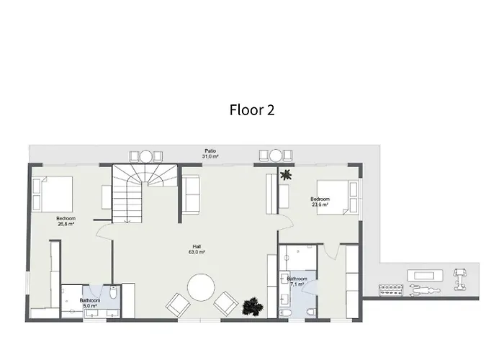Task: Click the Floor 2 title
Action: (x=252, y=110)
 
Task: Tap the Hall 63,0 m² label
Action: (x=197, y=249)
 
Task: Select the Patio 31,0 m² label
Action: (x=210, y=153)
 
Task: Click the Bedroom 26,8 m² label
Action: (x=66, y=221)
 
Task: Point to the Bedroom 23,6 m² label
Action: (x=320, y=202)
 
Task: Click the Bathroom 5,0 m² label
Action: (x=90, y=303)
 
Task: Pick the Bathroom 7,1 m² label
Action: (x=297, y=282)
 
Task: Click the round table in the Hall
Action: (x=201, y=287)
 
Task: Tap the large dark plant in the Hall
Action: (x=253, y=306)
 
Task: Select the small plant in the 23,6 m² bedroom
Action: (x=286, y=175)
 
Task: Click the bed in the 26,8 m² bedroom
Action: (x=53, y=194)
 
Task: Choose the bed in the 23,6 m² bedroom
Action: (x=338, y=197)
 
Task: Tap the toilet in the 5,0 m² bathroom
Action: (x=114, y=292)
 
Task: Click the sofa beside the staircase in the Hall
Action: (x=191, y=194)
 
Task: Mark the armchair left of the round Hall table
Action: (x=178, y=305)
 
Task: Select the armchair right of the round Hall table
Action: (x=226, y=303)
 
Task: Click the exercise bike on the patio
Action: (x=459, y=279)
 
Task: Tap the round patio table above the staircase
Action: (x=145, y=156)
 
